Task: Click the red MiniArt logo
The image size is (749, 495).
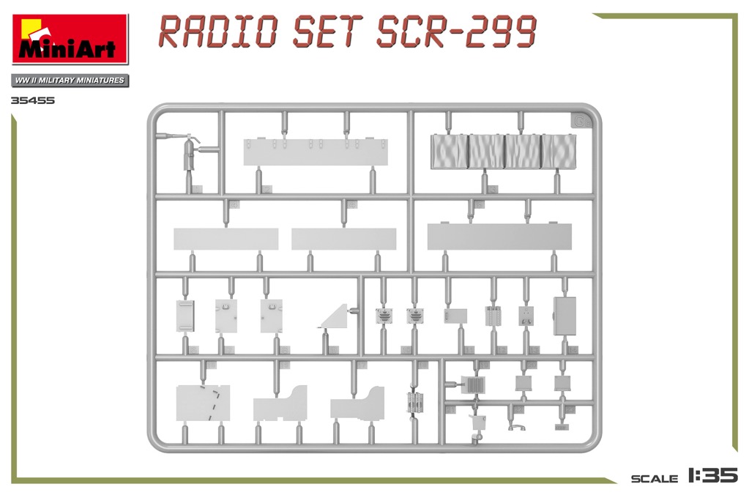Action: click(70, 40)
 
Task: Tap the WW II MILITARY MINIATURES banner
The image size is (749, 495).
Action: click(70, 81)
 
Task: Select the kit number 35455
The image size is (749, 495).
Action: click(34, 100)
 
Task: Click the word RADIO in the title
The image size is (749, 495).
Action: click(218, 31)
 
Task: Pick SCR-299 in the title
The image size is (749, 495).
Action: click(457, 31)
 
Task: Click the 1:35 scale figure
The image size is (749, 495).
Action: click(713, 475)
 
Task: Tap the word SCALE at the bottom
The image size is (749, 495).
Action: click(655, 478)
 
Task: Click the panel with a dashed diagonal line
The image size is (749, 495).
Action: click(203, 403)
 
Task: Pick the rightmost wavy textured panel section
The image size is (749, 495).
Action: click(559, 152)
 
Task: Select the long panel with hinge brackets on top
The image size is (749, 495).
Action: click(316, 152)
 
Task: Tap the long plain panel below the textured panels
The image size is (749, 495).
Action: click(499, 236)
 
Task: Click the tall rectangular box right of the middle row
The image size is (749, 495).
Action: click(564, 316)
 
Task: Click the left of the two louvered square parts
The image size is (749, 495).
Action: click(384, 316)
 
